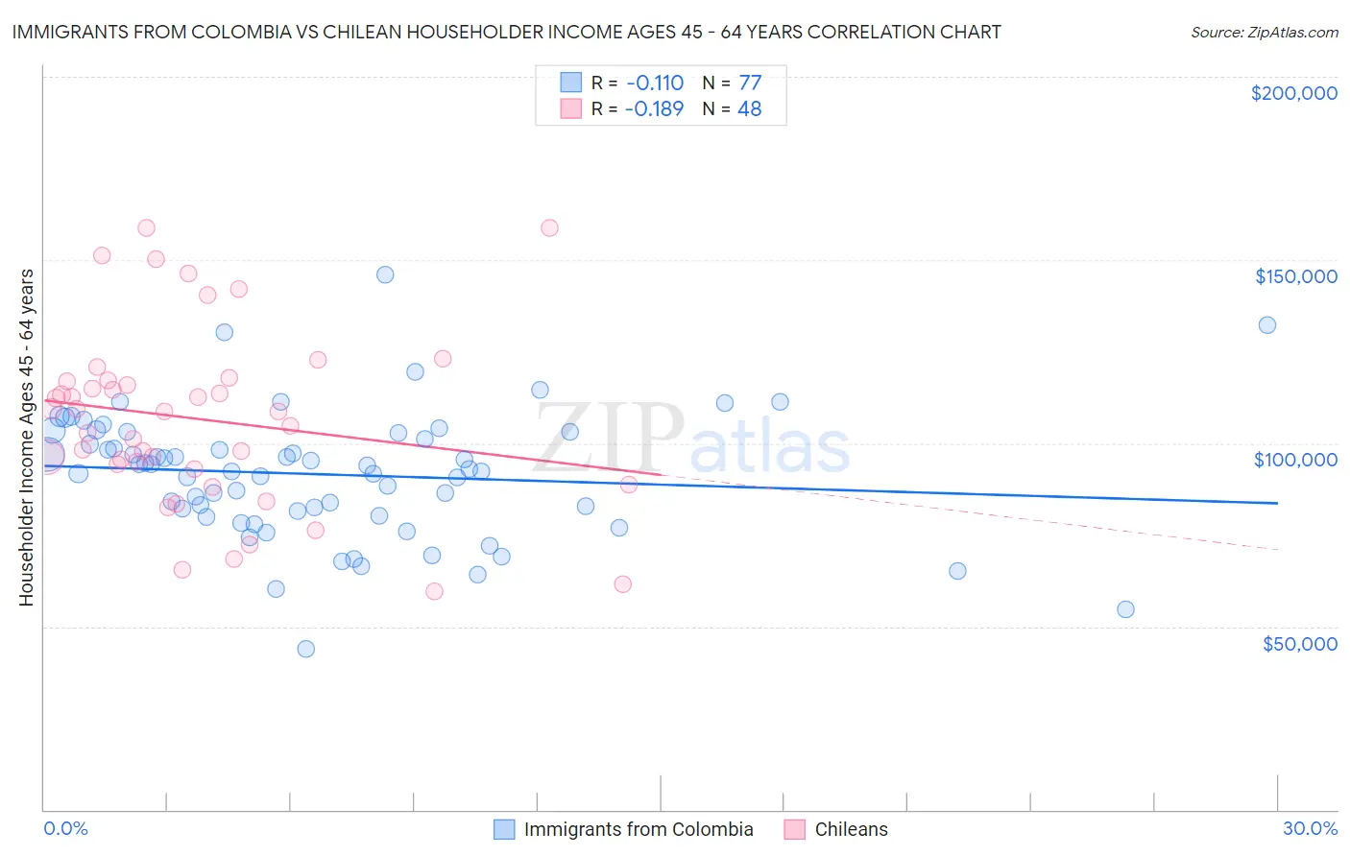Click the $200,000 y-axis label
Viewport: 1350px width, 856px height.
coord(1293,93)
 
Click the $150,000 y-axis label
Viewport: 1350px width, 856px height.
coord(1295,276)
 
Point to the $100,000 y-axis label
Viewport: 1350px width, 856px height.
coord(1295,460)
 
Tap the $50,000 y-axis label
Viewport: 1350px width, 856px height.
coord(1299,643)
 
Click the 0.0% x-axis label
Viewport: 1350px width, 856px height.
coord(65,829)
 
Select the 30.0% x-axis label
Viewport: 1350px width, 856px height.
coord(1310,829)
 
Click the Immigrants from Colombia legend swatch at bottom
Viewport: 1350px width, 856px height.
coord(504,829)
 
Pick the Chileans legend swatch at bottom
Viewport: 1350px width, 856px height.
coord(794,829)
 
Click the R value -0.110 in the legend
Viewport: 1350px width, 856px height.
coord(654,83)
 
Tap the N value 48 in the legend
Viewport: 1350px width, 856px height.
coord(749,108)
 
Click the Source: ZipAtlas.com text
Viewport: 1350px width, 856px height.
coord(1264,32)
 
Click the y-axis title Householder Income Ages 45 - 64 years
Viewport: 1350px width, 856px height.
coord(26,438)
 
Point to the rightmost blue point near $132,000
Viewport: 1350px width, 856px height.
coord(1267,325)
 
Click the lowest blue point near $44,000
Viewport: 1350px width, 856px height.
coord(306,649)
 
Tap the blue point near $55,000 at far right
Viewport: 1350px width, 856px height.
coord(1125,609)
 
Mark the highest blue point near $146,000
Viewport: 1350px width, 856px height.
coord(385,274)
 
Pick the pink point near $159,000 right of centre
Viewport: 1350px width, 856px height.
coord(549,227)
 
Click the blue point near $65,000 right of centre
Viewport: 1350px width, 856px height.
coord(957,571)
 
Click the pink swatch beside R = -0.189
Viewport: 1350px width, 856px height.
coord(571,108)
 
